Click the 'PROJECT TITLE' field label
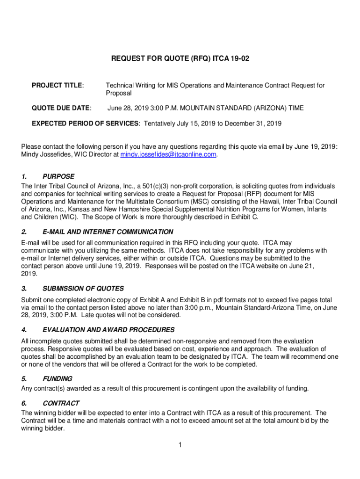[57, 86]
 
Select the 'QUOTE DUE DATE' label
[61, 108]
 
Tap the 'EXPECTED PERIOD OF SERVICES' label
[85, 124]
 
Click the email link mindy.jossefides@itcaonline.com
[168, 154]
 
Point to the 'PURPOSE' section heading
[58, 177]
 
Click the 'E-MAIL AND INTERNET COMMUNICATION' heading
[108, 232]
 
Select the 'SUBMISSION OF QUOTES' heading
[83, 289]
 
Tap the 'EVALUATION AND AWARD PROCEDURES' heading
[108, 330]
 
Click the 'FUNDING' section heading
[58, 379]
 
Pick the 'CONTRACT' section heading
[61, 403]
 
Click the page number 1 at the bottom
[180, 445]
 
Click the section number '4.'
[24, 330]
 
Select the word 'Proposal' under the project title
[119, 94]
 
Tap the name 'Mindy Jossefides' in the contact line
[45, 154]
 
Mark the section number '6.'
[24, 403]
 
